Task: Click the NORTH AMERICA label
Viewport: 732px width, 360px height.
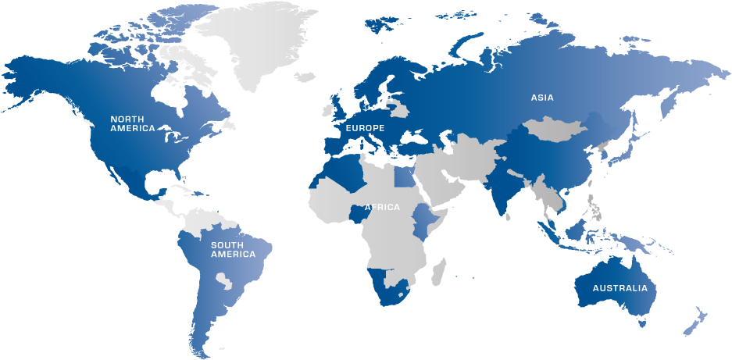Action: coord(132,123)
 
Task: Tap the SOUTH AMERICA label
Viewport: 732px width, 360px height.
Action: coord(232,250)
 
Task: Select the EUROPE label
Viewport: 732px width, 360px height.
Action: coord(365,127)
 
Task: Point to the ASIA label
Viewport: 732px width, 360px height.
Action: coord(542,98)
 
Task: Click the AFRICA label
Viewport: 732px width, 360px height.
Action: coord(382,207)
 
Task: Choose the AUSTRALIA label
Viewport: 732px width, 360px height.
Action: coord(620,288)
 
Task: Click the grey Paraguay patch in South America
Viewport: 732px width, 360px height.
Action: coord(224,278)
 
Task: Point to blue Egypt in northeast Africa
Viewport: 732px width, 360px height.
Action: coord(405,176)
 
